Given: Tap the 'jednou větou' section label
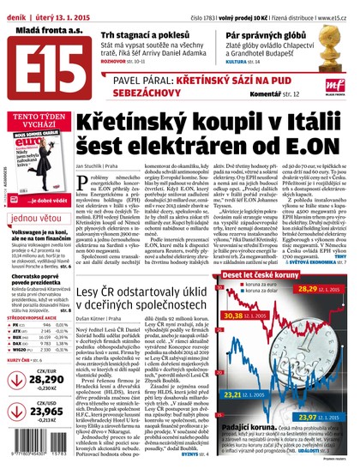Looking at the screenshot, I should click(39, 217).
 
